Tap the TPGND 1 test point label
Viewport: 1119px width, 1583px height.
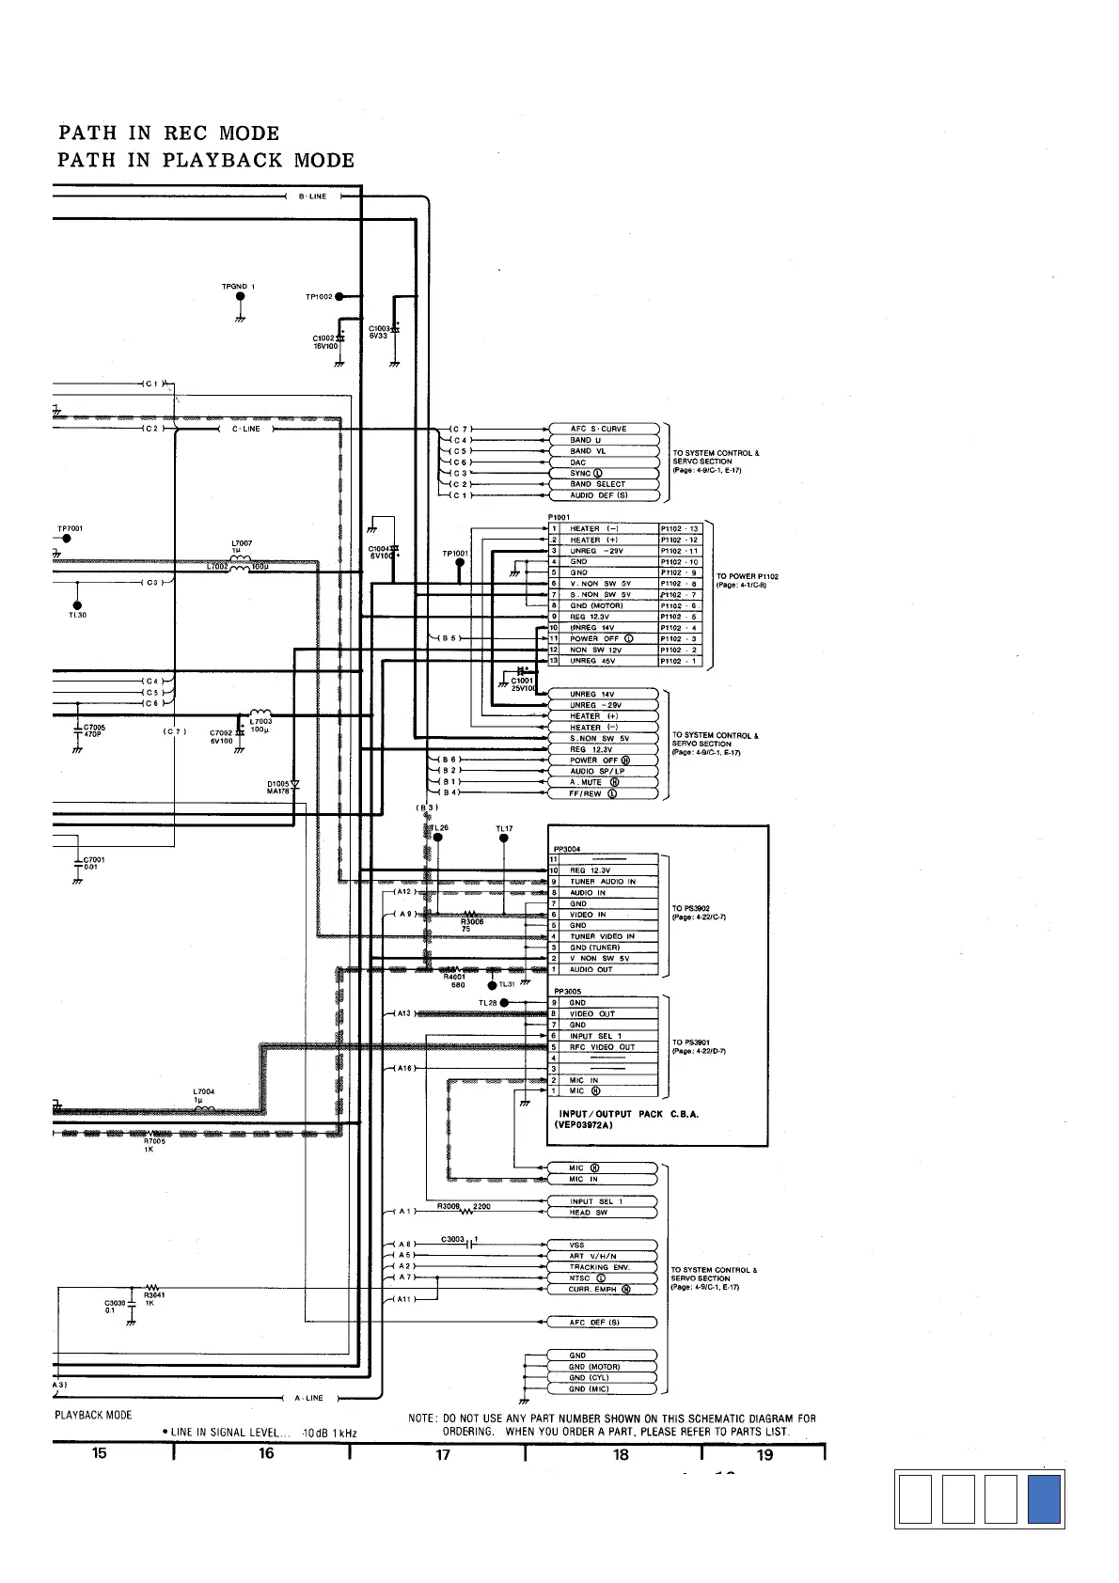[238, 286]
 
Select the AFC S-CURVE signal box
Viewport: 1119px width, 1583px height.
[602, 429]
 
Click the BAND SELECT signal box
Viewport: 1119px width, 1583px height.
[602, 484]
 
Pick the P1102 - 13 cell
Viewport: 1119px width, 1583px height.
[680, 528]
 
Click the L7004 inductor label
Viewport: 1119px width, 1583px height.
[204, 1091]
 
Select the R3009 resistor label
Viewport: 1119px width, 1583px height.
[448, 1205]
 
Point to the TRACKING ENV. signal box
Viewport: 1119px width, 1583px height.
[602, 1267]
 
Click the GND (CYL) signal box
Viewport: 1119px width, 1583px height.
[602, 1377]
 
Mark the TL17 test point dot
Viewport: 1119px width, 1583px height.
[505, 839]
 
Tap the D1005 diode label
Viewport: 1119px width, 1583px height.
[277, 783]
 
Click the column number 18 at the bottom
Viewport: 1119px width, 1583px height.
[621, 1454]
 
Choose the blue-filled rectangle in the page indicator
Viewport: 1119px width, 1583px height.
[1044, 1499]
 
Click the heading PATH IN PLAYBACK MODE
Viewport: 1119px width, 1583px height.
[206, 160]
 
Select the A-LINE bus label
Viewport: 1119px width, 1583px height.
[308, 1398]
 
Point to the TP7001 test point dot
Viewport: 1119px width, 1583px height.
[66, 539]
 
